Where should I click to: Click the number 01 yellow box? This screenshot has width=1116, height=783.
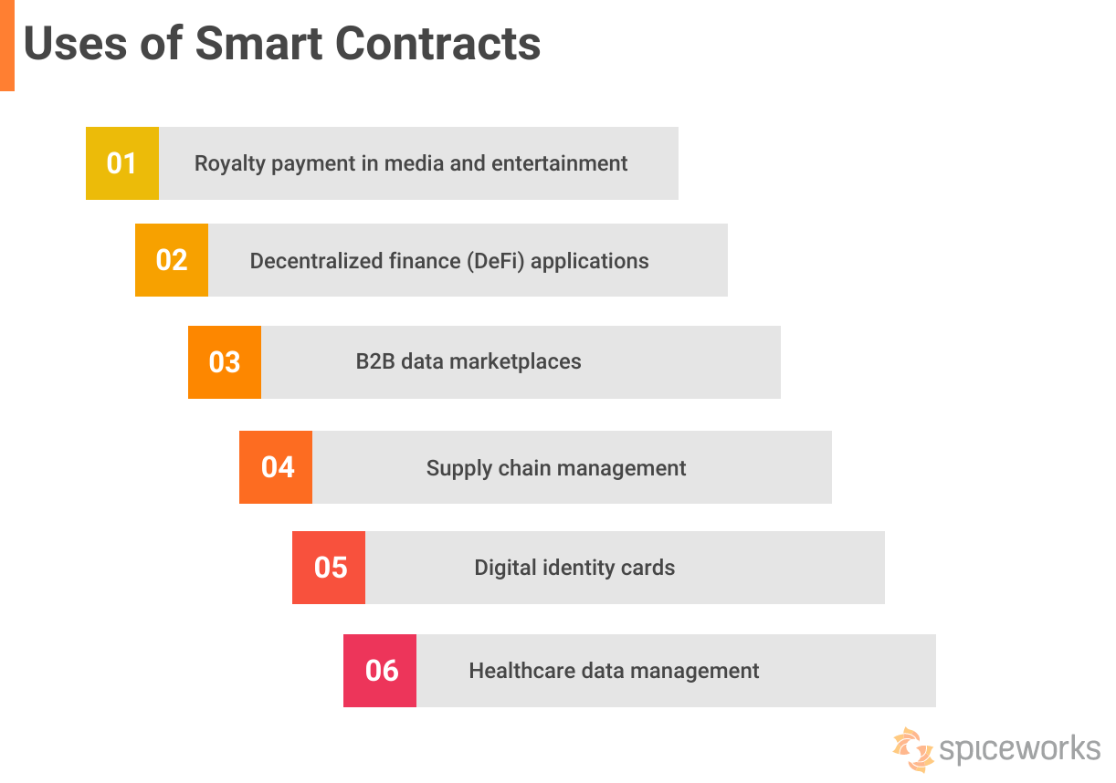[x=122, y=163]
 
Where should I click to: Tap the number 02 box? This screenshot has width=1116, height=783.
[x=172, y=260]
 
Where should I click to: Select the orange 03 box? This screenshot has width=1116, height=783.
[x=225, y=362]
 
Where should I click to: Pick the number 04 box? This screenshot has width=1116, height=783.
[x=276, y=467]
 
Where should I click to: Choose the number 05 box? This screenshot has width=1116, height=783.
[x=329, y=568]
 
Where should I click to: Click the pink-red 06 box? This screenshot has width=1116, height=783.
[x=380, y=671]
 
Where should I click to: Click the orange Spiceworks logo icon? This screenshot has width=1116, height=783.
[x=912, y=749]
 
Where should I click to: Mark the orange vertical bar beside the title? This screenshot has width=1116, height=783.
[x=7, y=45]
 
